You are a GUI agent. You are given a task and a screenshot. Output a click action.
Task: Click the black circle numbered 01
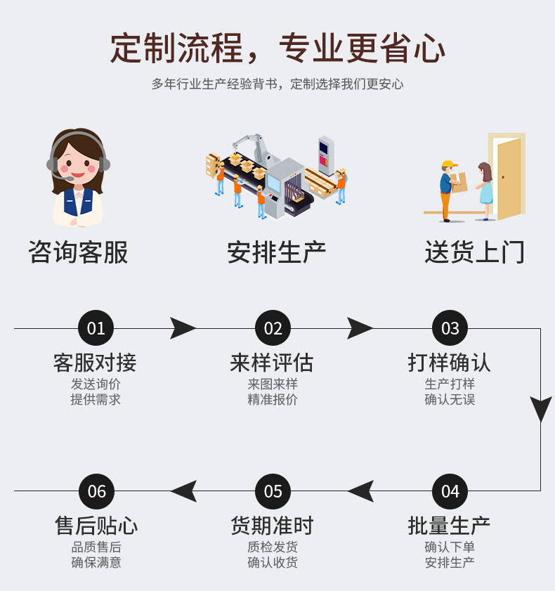[x=96, y=328]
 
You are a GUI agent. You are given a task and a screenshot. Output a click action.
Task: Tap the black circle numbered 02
[x=273, y=328]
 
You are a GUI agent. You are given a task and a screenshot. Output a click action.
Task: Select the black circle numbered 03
[x=450, y=328]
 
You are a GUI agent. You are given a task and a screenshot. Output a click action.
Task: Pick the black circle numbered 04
[x=450, y=491]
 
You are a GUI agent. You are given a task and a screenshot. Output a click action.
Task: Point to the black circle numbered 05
[x=273, y=491]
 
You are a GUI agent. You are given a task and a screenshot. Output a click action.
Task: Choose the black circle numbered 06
[x=96, y=491]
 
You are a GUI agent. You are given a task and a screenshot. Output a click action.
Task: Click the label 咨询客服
[x=78, y=252]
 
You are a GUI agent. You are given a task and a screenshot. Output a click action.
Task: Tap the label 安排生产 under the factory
[x=276, y=252]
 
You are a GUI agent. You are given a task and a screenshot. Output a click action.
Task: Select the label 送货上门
[x=474, y=252]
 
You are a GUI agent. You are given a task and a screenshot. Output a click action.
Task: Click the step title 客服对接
[x=95, y=363]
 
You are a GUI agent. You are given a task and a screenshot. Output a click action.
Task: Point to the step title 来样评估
[x=272, y=363]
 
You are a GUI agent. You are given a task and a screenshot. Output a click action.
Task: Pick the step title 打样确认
[x=450, y=363]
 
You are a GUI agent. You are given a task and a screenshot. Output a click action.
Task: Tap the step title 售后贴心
[x=96, y=526]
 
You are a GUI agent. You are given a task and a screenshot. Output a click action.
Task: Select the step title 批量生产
[x=450, y=526]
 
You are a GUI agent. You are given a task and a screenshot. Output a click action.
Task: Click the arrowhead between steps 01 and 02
[x=183, y=328]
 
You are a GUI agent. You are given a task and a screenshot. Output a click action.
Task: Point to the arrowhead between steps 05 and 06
[x=184, y=491]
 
